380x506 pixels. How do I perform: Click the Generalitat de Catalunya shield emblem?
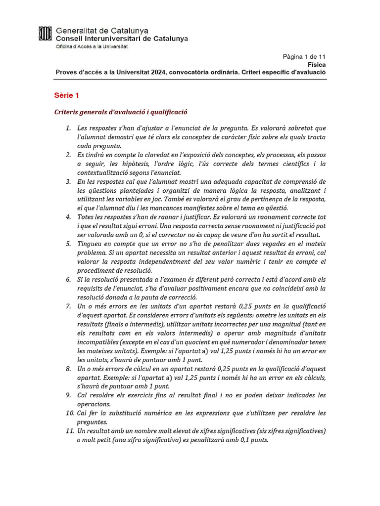[x=45, y=34]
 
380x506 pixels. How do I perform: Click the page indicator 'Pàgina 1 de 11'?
[x=304, y=56]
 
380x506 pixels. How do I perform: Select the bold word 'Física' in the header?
[x=316, y=64]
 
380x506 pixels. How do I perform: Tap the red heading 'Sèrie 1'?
[x=66, y=95]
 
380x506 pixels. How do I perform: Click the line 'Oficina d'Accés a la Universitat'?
[x=92, y=46]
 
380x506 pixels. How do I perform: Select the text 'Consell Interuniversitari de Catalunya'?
[x=122, y=38]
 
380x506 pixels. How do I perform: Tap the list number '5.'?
[x=69, y=244]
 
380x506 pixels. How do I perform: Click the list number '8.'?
[x=69, y=369]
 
